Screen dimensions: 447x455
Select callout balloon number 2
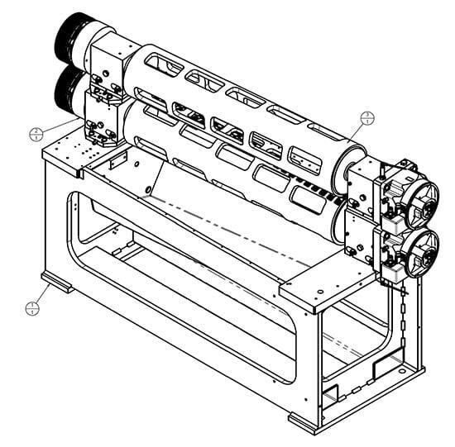(x=35, y=133)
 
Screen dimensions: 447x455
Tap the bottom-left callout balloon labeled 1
(x=32, y=308)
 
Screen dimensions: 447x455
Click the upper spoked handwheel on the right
(x=421, y=196)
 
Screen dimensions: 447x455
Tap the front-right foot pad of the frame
(x=303, y=422)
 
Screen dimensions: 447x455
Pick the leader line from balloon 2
(x=60, y=126)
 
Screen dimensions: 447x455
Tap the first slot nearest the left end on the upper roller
(x=163, y=62)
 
